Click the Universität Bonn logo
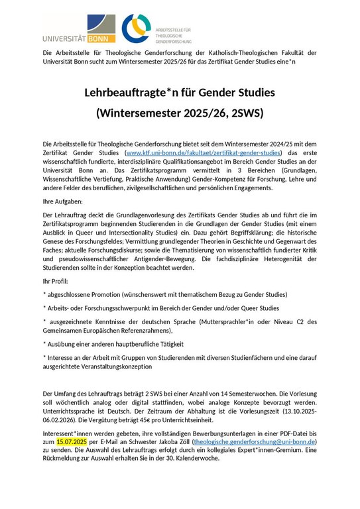[x=78, y=29]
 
